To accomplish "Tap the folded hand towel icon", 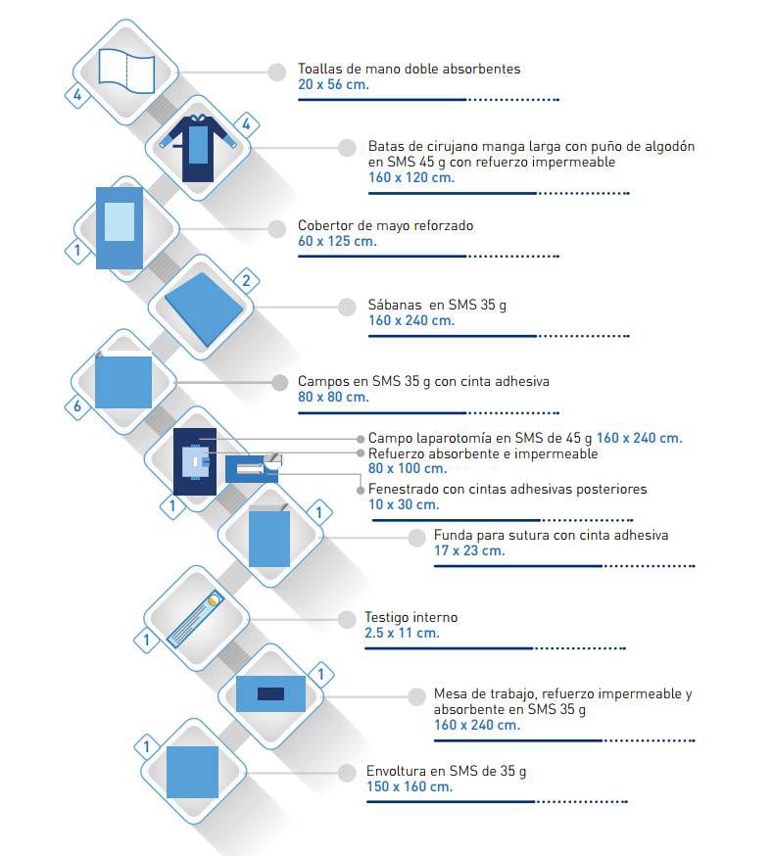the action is point(126,71).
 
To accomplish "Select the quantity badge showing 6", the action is point(77,406).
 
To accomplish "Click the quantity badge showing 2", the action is point(246,281).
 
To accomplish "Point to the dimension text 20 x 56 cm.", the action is point(333,84).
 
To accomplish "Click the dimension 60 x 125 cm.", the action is point(337,241).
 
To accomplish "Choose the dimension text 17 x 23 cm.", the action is point(469,550).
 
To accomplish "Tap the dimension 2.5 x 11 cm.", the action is point(402,634).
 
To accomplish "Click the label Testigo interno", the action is point(411,617).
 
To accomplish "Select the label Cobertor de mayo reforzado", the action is point(385,225).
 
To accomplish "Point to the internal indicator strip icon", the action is point(195,619).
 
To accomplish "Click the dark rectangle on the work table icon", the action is point(270,693).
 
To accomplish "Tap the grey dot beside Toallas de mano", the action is point(277,72).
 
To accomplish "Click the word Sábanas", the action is point(395,305).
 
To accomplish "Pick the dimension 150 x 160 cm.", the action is point(410,786).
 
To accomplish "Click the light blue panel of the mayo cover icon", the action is point(119,221).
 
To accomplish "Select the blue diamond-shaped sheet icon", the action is point(204,309).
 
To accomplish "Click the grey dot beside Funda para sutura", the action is point(416,538).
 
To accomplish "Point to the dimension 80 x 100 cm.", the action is point(408,468).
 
